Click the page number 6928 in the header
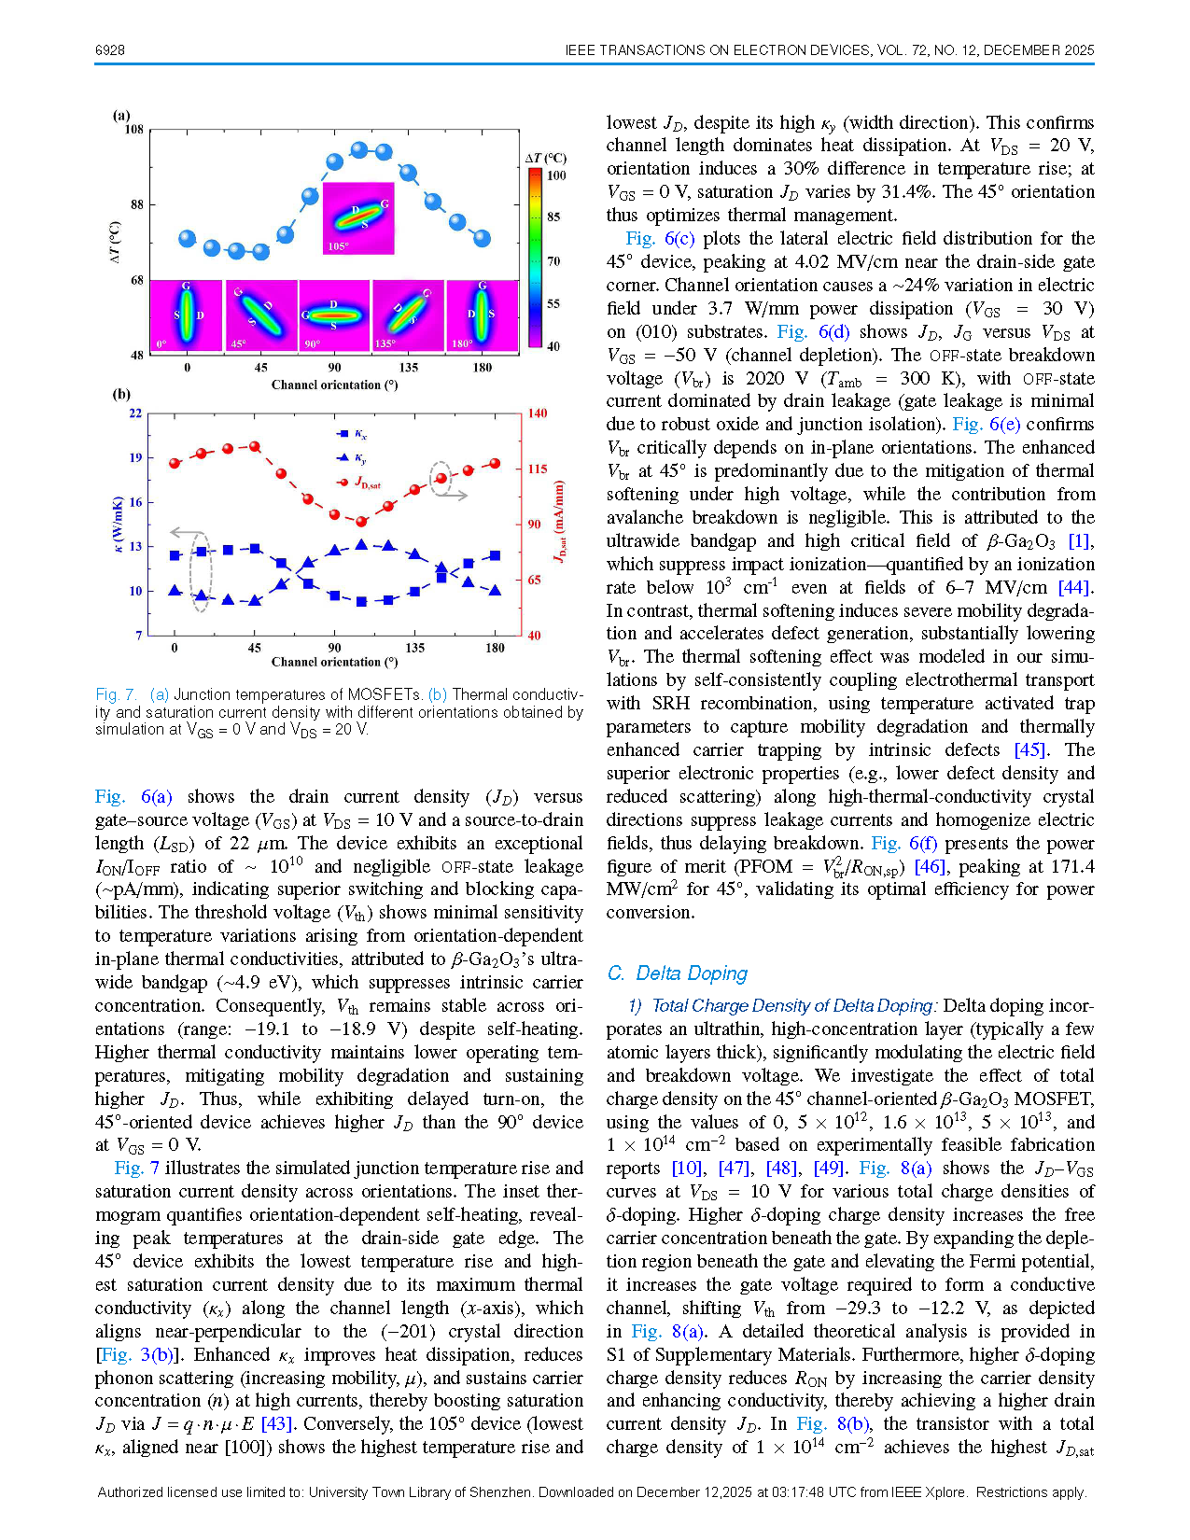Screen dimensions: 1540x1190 (110, 50)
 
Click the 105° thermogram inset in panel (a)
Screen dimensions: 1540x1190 (358, 218)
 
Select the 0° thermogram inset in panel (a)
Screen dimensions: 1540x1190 (186, 315)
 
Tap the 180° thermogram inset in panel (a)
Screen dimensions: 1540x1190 (482, 315)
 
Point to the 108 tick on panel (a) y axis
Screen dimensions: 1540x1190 (134, 130)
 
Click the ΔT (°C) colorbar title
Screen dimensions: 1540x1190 (546, 159)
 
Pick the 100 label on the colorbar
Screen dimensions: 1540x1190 (556, 175)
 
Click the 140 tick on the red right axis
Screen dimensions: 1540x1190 (538, 413)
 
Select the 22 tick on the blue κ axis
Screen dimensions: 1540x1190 (135, 413)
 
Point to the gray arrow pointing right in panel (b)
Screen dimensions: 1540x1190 (454, 495)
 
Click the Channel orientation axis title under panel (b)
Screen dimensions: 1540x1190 (334, 662)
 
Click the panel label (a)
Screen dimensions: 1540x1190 (121, 116)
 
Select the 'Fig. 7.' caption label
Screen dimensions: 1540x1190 (116, 694)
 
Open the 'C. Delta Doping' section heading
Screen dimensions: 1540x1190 (677, 973)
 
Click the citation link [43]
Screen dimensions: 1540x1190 (276, 1424)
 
